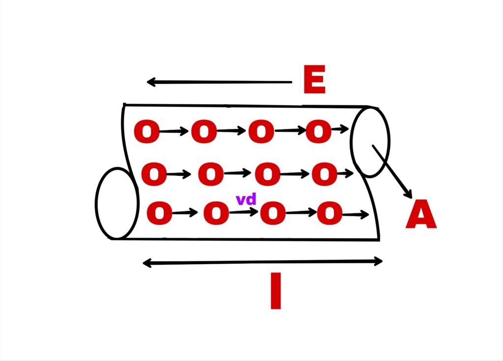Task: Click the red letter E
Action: click(314, 79)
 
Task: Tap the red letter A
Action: click(421, 214)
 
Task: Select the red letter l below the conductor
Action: click(276, 291)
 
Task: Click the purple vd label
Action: click(246, 199)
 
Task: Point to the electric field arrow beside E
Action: click(219, 82)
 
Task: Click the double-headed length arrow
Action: click(262, 262)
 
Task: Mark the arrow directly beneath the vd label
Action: click(244, 212)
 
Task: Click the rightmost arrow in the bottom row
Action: click(356, 214)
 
